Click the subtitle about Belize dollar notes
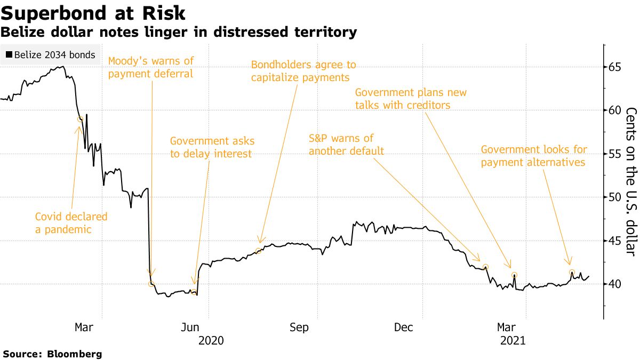coord(179,33)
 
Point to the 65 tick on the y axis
coord(615,67)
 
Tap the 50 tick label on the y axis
coord(615,197)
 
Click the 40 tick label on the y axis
coord(615,284)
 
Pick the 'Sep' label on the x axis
coord(299,327)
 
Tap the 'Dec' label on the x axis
coord(404,327)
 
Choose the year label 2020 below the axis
coord(212,340)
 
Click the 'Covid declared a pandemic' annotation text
coord(71,223)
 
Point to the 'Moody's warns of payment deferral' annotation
coord(151,67)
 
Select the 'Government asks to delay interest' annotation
coord(212,148)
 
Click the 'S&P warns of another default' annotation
coord(346,145)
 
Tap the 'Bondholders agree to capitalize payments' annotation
coord(303,71)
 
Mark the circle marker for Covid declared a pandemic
coord(81,119)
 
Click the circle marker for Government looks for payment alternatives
coord(572,273)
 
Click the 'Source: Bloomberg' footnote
coord(52,354)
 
